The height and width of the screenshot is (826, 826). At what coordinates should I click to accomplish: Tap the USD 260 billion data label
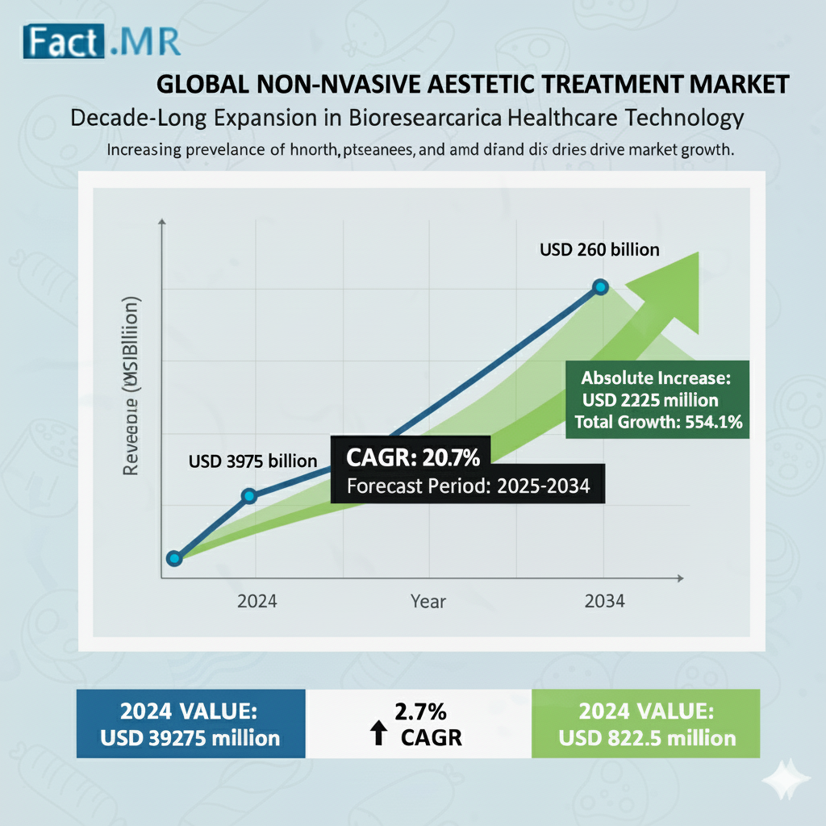[x=599, y=249]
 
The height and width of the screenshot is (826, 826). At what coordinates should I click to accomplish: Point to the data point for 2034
[x=600, y=286]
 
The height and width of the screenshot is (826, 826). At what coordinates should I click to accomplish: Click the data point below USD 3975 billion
[x=249, y=495]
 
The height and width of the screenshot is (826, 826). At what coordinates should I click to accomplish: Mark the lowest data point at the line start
[x=173, y=558]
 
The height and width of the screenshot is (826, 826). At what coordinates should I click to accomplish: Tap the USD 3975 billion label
[x=252, y=461]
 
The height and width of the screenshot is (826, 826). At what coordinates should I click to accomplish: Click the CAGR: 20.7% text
[x=413, y=459]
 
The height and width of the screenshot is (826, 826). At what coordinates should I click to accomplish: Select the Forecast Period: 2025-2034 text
[x=468, y=486]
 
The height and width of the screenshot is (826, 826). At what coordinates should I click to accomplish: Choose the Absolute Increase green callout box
[x=657, y=399]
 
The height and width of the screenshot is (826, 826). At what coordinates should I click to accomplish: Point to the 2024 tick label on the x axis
[x=257, y=602]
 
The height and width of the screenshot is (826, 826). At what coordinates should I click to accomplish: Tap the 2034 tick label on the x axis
[x=603, y=602]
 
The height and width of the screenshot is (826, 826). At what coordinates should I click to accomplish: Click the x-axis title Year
[x=428, y=602]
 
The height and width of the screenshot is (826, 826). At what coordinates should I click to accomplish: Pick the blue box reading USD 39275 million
[x=191, y=724]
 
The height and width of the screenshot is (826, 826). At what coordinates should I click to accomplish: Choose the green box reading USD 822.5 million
[x=645, y=724]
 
